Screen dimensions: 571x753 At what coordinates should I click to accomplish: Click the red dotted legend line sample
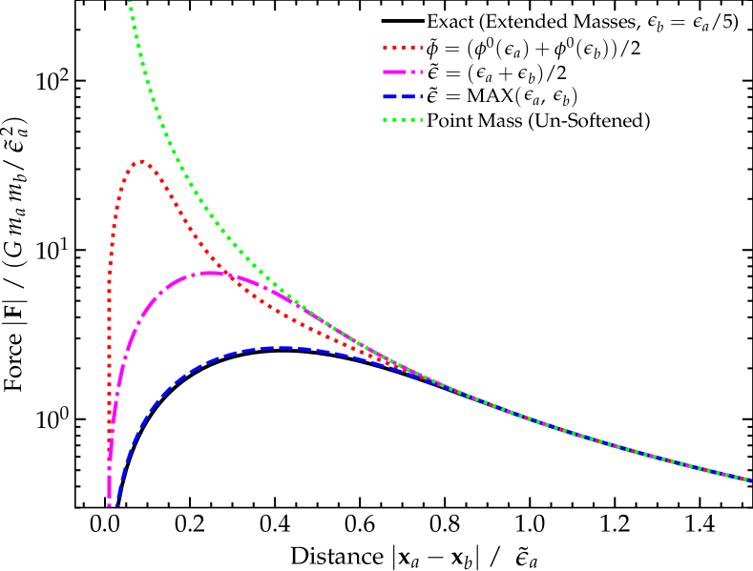click(402, 47)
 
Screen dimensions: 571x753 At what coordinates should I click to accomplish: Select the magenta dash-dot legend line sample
click(402, 71)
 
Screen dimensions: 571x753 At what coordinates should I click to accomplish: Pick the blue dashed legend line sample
click(402, 96)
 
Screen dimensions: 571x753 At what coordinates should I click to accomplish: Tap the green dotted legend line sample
click(402, 120)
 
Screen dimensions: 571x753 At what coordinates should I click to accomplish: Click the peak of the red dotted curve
click(141, 161)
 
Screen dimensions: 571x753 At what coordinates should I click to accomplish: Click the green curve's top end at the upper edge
click(130, 3)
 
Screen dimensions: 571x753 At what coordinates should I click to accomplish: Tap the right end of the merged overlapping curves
click(749, 479)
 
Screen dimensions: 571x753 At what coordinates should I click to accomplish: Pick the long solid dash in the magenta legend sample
click(394, 71)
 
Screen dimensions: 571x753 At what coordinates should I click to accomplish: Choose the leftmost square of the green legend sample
click(386, 120)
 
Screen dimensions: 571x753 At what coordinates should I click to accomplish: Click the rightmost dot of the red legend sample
click(419, 47)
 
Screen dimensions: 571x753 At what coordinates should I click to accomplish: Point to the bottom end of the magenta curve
click(111, 502)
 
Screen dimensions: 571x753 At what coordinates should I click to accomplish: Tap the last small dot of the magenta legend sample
click(419, 71)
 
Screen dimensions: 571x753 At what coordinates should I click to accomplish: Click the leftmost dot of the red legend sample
click(386, 47)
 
